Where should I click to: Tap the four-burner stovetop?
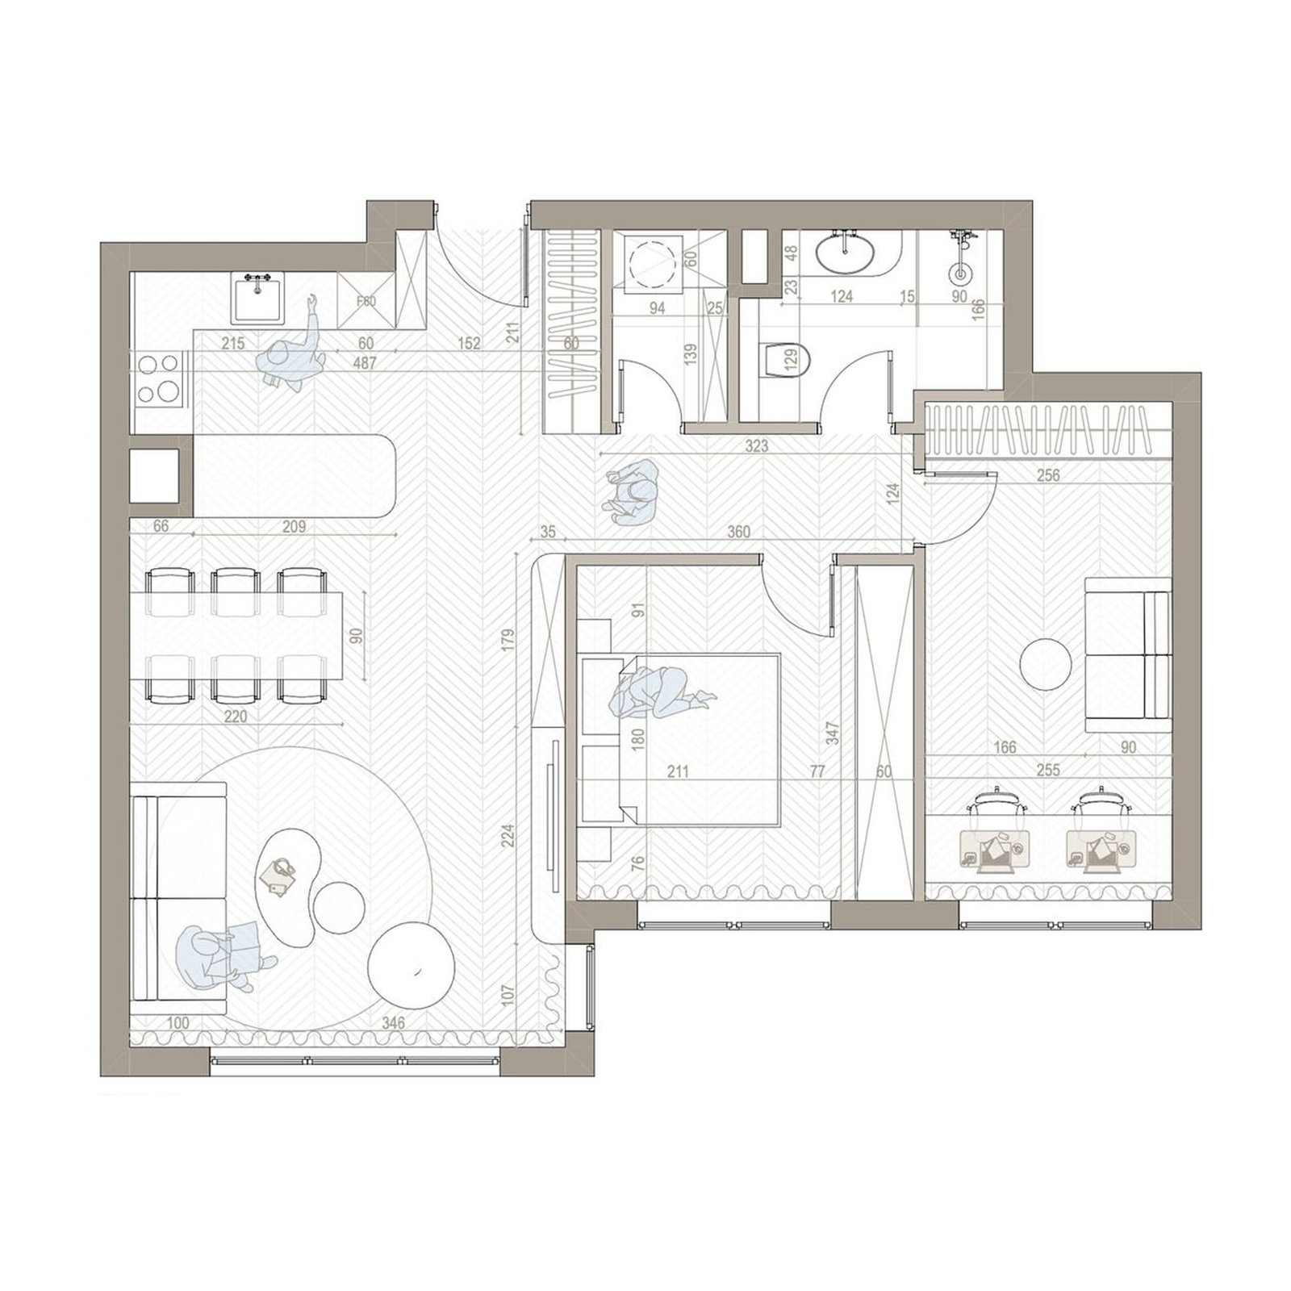[x=157, y=378]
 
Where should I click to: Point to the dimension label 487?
[x=365, y=364]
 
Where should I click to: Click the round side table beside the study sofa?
[x=1047, y=664]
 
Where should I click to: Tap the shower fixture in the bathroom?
[x=960, y=262]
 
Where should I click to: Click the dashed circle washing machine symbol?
[x=654, y=263]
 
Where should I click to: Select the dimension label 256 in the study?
[x=1047, y=476]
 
